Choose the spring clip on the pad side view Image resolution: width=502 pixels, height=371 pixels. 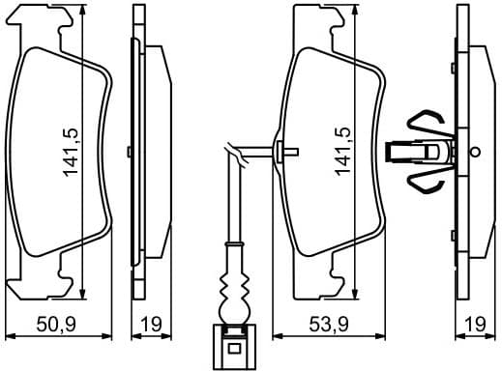point(426,151)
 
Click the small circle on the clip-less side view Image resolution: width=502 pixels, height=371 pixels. point(131,151)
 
